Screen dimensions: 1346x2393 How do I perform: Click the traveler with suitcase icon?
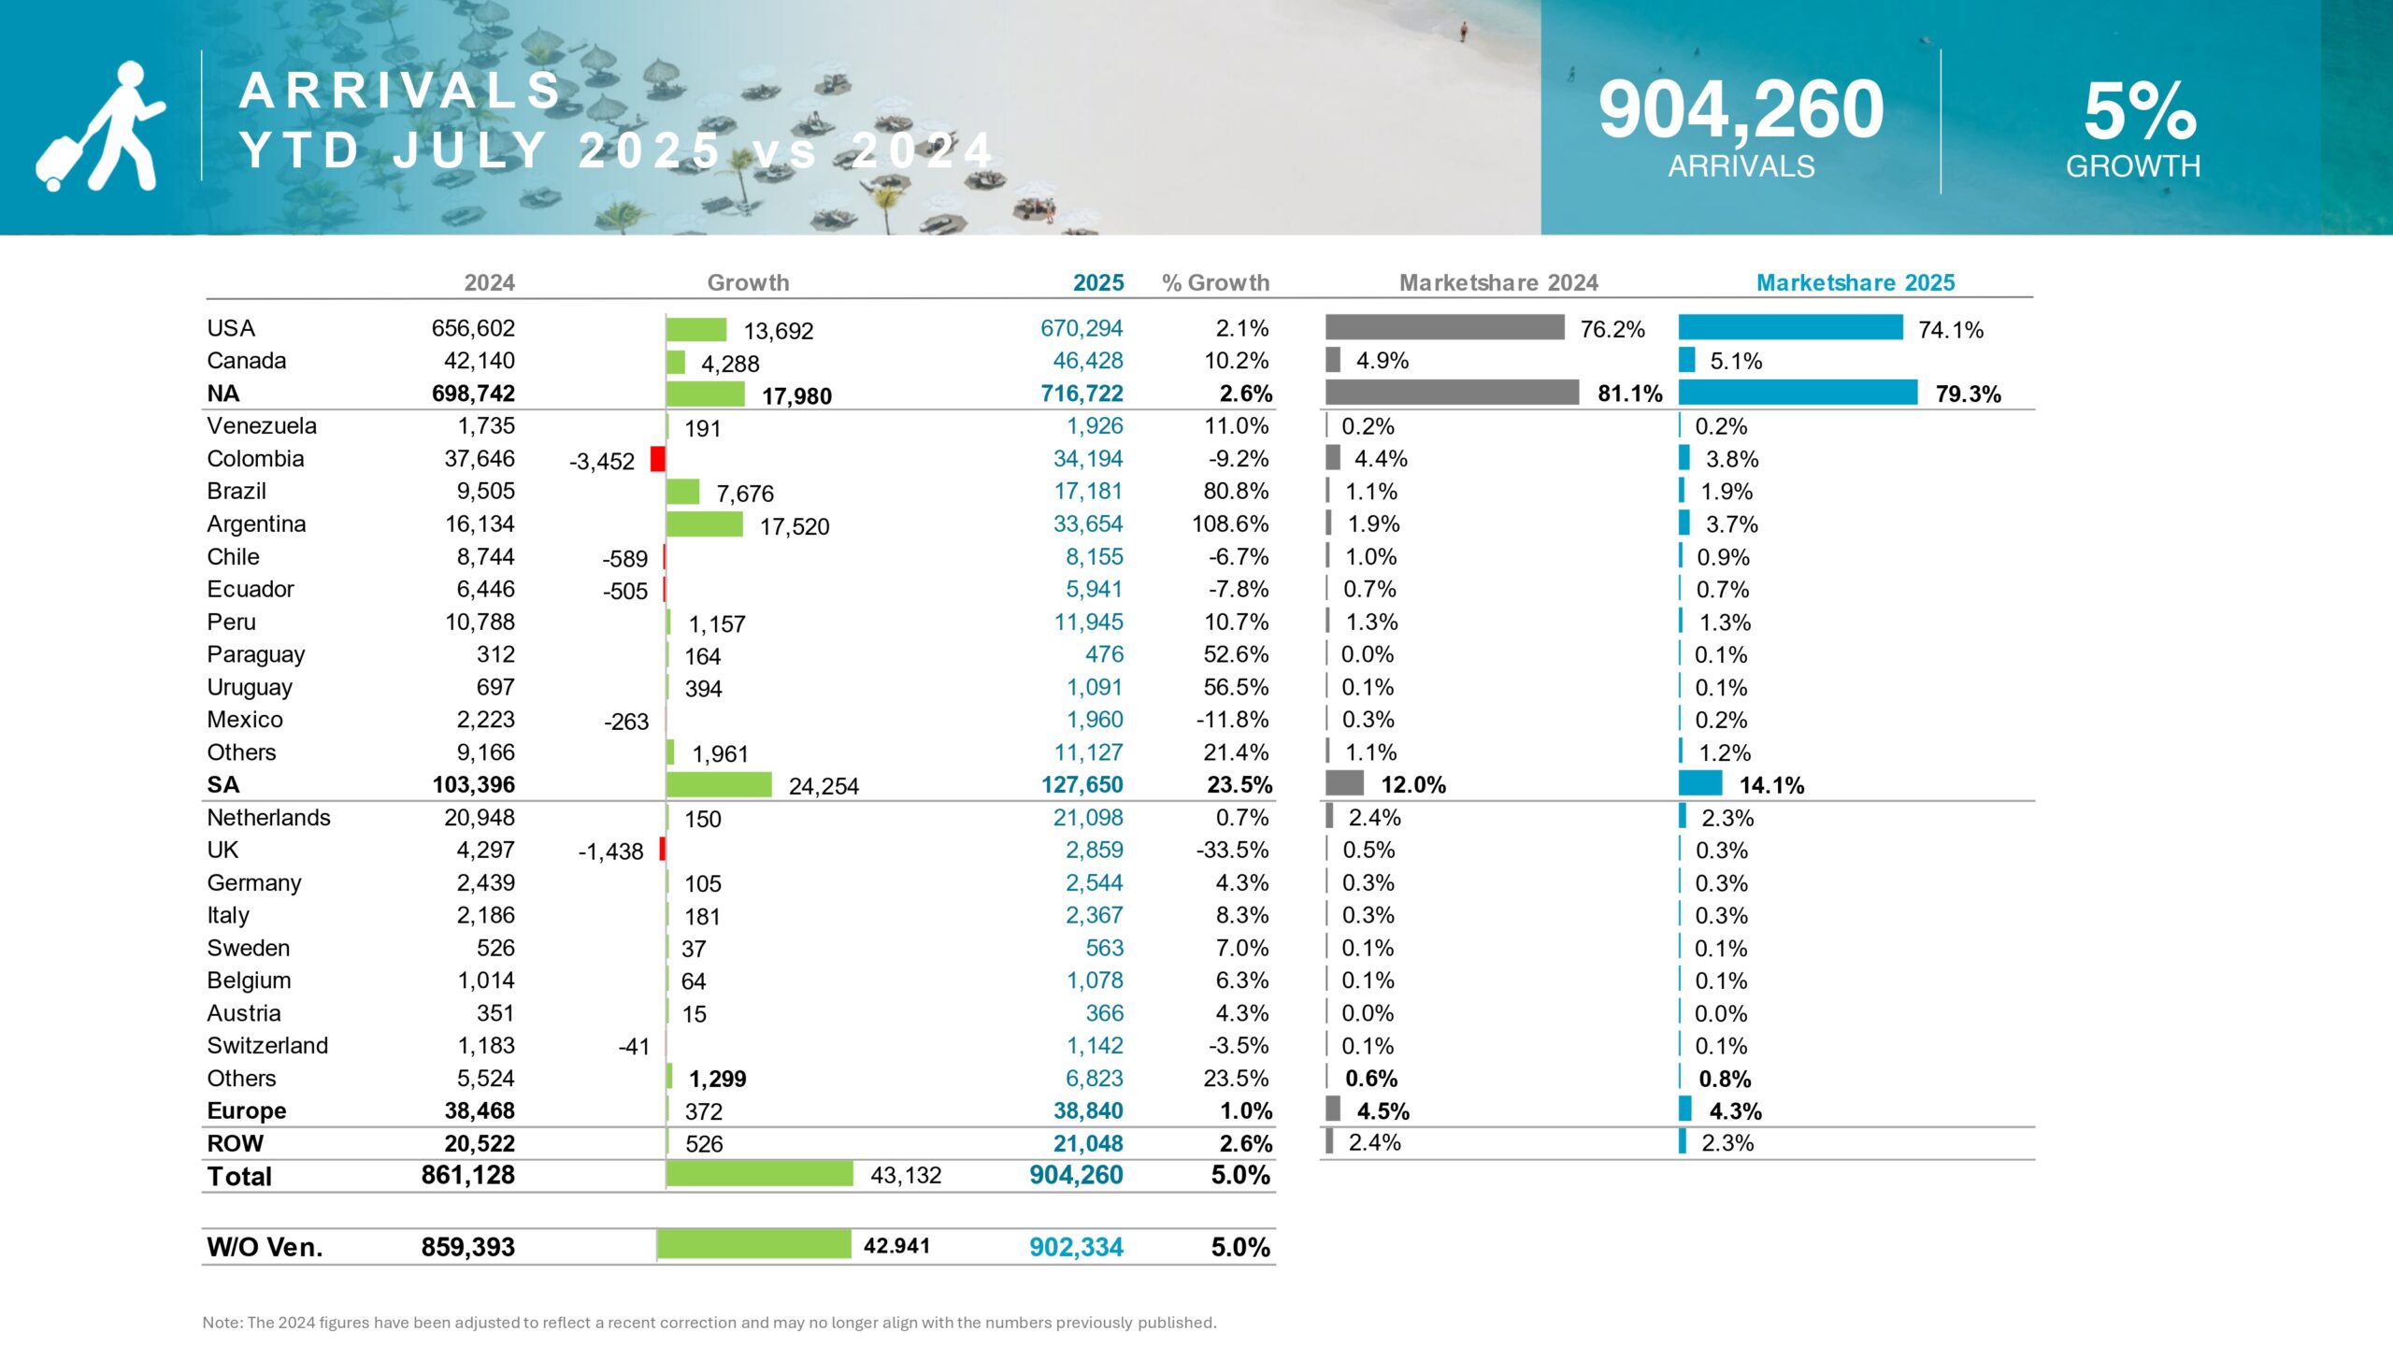(101, 127)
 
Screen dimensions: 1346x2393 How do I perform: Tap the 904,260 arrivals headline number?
(1741, 110)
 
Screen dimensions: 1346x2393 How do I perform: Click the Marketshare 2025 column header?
(1856, 282)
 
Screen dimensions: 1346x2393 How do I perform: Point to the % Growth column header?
(1215, 282)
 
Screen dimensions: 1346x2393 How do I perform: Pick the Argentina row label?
(256, 524)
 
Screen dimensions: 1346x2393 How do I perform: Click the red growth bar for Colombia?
(658, 459)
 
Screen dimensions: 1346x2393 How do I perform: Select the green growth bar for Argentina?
(705, 524)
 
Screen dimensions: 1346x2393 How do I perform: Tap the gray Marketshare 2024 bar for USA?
(1444, 327)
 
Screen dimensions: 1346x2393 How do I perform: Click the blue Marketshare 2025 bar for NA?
(1798, 393)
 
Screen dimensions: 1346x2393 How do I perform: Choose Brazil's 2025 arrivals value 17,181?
(1088, 492)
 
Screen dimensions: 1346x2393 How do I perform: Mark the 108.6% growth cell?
(1230, 524)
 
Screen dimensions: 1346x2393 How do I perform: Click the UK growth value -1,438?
(610, 852)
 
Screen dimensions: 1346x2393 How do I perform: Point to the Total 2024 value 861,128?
(467, 1175)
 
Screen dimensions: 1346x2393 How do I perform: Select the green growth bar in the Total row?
(759, 1174)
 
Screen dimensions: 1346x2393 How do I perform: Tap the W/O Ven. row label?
(265, 1247)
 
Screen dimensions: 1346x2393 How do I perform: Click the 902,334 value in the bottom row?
(1076, 1247)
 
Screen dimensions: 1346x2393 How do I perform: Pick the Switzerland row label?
(267, 1046)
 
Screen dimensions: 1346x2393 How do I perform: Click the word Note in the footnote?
(222, 1323)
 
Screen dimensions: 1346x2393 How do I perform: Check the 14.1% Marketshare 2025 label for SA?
(1771, 785)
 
